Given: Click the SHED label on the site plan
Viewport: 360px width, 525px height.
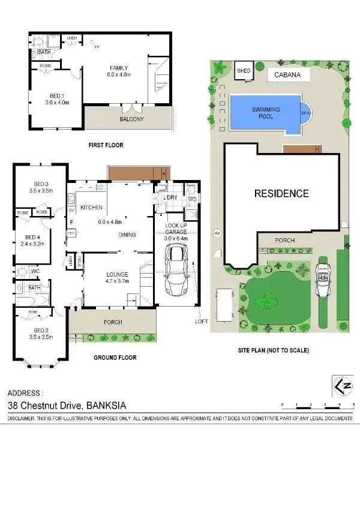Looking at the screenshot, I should point(243,70).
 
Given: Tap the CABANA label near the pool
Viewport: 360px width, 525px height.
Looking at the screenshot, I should point(288,75).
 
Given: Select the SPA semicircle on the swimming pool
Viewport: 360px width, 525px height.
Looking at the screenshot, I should point(305,112).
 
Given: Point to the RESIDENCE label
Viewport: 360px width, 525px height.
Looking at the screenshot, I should point(281,193).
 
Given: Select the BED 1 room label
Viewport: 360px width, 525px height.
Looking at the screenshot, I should point(58,98).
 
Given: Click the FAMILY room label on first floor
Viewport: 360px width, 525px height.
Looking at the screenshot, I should point(119,68).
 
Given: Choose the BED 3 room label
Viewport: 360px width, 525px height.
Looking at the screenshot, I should point(41,184).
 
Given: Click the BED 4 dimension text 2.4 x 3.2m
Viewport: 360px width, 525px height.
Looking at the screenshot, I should point(32,244).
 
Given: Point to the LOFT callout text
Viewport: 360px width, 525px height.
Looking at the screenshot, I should point(202,321).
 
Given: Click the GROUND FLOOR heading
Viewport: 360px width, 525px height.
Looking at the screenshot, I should point(115,358).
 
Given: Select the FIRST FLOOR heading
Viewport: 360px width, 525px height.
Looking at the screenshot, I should point(107,145).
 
